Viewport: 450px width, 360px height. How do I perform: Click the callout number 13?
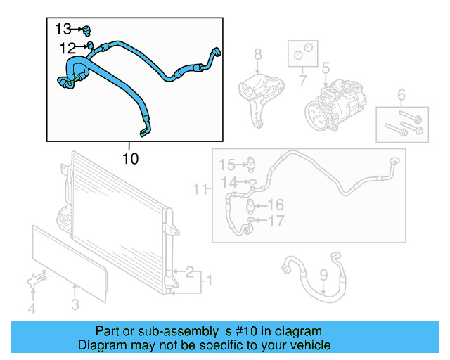(63, 29)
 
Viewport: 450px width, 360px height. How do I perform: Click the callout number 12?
(67, 48)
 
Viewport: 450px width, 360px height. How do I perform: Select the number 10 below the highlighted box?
(130, 159)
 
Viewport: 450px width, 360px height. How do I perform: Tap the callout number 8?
(257, 53)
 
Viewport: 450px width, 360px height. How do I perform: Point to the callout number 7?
(303, 81)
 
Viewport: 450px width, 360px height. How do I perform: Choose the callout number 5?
(326, 68)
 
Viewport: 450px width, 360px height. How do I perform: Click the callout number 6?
(401, 95)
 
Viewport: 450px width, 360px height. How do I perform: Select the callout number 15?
(226, 165)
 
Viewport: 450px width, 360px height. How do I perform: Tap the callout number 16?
(275, 205)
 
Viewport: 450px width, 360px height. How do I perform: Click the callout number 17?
(276, 221)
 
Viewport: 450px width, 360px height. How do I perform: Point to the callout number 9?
(323, 275)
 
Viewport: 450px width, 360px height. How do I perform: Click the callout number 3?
(75, 304)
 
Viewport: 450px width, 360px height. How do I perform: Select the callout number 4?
(31, 308)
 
